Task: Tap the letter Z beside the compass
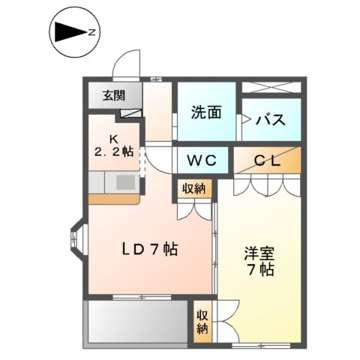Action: coord(91,32)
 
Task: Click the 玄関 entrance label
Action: coord(113,96)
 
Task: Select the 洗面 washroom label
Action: coord(205,112)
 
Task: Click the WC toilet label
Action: coord(202,160)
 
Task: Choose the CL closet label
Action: coord(267,160)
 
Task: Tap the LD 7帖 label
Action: coord(150,250)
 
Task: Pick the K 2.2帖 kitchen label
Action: coord(114,145)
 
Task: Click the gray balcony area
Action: coord(135,322)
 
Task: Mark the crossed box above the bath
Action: coord(271,87)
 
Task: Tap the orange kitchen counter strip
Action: coord(113,199)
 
